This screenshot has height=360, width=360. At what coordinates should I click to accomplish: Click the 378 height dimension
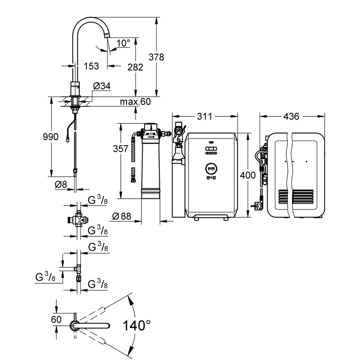[156, 57]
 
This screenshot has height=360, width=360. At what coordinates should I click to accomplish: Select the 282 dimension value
[135, 67]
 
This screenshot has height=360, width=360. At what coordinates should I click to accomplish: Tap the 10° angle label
[123, 43]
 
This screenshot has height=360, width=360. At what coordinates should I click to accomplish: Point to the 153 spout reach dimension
[91, 66]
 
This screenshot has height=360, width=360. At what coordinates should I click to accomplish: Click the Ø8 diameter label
[61, 184]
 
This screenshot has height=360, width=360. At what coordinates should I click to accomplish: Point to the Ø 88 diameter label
[122, 216]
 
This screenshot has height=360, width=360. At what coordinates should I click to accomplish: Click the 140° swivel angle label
[136, 326]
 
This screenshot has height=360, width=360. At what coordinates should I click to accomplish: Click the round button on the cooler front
[211, 168]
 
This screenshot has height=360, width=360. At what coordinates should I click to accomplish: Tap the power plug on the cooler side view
[257, 206]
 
